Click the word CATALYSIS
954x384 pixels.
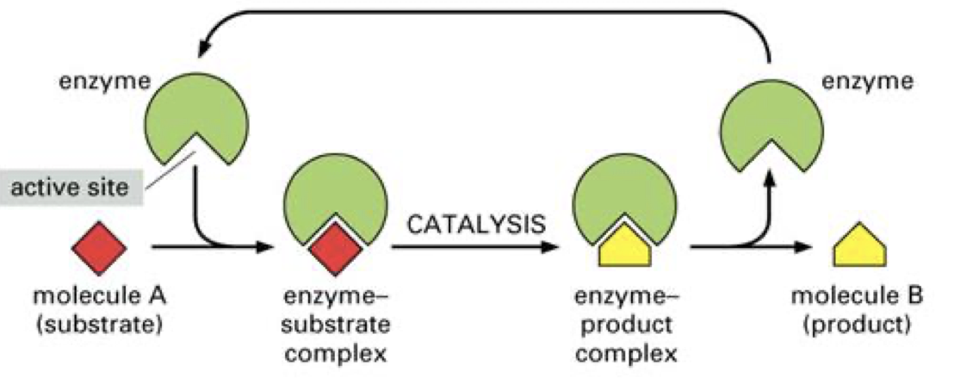475,225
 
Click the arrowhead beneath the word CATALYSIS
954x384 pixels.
546,248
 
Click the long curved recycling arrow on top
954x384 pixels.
482,15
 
